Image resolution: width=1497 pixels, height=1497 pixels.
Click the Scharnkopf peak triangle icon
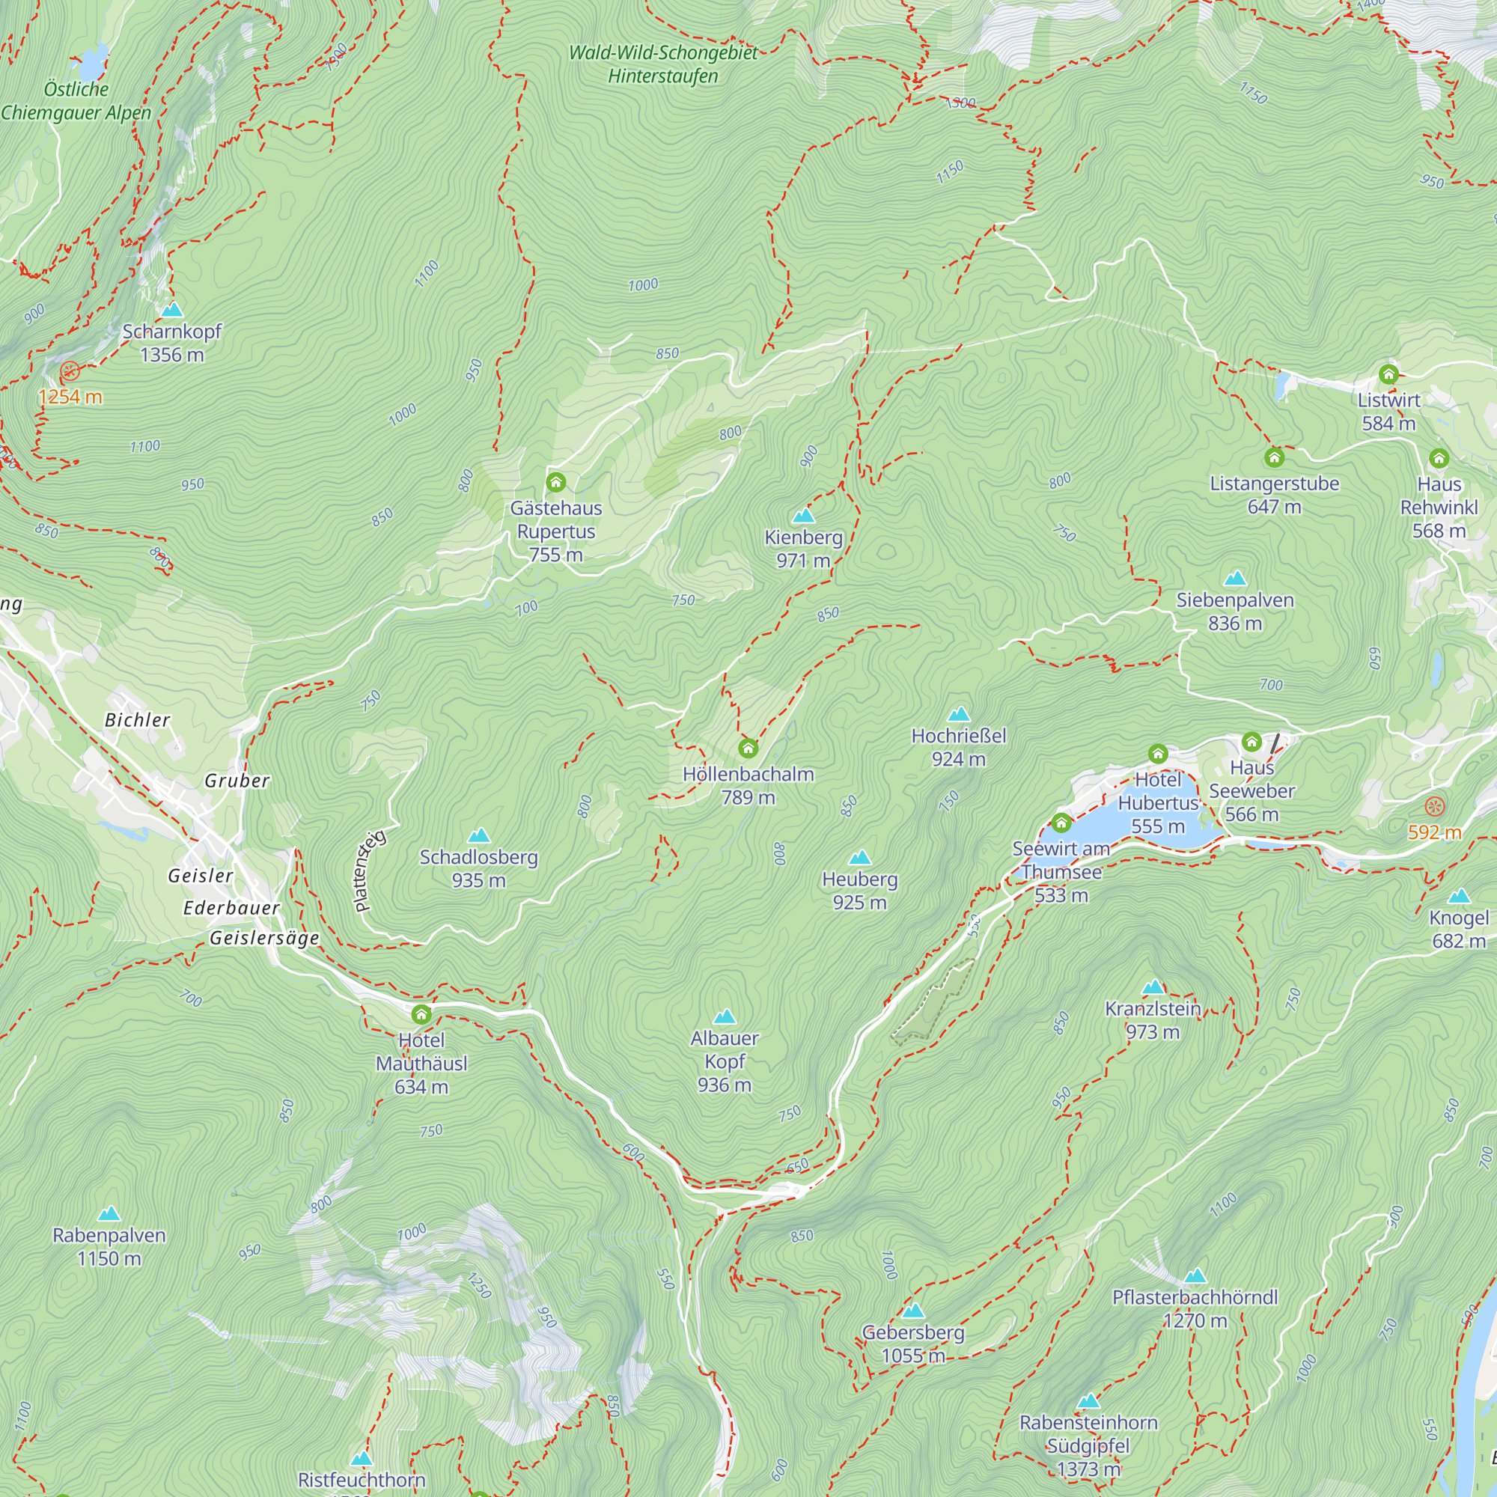[x=172, y=310]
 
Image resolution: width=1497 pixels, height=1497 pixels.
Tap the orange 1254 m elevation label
[x=70, y=397]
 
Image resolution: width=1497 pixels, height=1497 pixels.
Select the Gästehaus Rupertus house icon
[x=555, y=483]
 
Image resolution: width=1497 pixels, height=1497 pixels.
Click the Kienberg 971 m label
[x=803, y=549]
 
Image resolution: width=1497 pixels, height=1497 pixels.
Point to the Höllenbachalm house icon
[x=748, y=748]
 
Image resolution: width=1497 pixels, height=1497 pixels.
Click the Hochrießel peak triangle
[x=959, y=714]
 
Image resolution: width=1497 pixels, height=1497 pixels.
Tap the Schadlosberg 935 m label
[x=479, y=868]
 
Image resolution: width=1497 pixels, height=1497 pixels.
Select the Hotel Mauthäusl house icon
[x=421, y=1014]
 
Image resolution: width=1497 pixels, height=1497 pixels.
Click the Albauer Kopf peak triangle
[x=725, y=1016]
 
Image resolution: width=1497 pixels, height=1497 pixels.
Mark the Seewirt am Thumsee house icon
[x=1061, y=822]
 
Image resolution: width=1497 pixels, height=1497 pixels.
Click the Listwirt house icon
[x=1388, y=375]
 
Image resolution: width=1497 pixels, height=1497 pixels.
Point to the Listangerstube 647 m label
[x=1275, y=495]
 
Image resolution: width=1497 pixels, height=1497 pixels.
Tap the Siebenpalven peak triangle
[x=1235, y=578]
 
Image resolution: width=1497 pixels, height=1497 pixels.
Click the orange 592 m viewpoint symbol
[x=1435, y=806]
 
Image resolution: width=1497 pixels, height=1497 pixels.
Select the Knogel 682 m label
[x=1459, y=929]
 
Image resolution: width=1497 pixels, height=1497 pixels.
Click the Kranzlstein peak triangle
[x=1153, y=987]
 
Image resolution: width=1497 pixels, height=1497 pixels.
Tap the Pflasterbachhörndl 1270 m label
[x=1195, y=1308]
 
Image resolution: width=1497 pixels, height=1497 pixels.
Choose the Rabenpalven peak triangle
[x=109, y=1214]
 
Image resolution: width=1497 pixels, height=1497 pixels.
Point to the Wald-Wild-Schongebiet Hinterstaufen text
[x=663, y=64]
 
